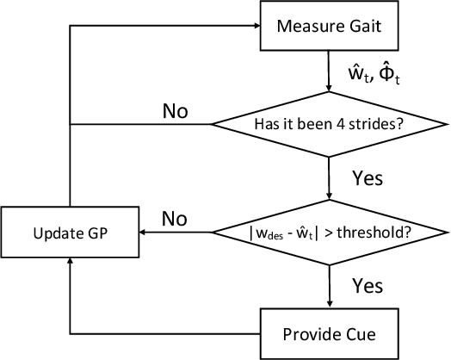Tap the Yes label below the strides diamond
(x=368, y=178)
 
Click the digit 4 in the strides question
(x=344, y=124)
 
